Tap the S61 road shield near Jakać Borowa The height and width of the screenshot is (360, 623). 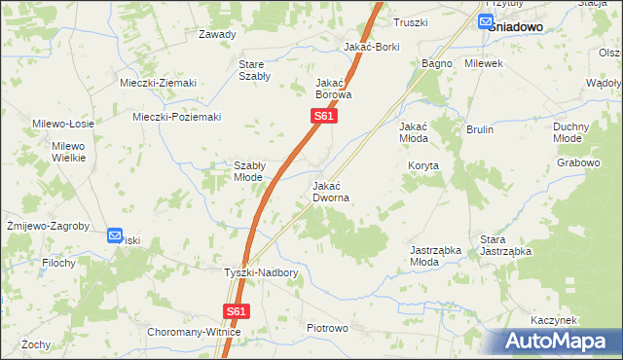[x=324, y=117]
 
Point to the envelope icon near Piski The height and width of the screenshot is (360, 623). [x=115, y=235]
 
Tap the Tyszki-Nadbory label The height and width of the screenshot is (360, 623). [x=261, y=273]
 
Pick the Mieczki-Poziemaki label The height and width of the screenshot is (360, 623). [x=177, y=118]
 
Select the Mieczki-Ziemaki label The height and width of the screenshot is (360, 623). [x=158, y=83]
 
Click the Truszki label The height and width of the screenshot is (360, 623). [x=410, y=21]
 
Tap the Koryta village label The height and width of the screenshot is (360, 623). [x=423, y=166]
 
